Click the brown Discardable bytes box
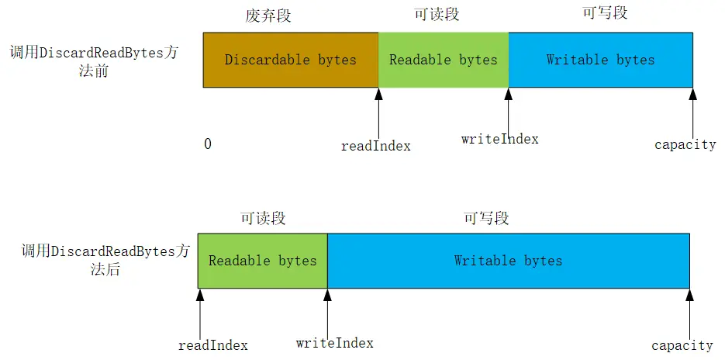[x=291, y=60]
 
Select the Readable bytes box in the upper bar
[x=444, y=60]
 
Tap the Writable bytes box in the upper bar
[x=600, y=60]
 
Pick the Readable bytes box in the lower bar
[x=263, y=261]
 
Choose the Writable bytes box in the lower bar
[x=508, y=261]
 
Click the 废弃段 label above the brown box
[x=268, y=16]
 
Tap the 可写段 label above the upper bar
[x=604, y=12]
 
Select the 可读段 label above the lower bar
[x=262, y=219]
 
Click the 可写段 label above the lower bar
[x=486, y=219]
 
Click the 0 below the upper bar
[x=208, y=144]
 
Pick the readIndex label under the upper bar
[x=376, y=145]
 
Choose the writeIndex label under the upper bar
[x=499, y=139]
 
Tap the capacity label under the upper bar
[x=685, y=144]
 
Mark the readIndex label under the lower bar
[x=213, y=345]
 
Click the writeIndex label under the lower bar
[x=335, y=343]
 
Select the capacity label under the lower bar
[x=682, y=345]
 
